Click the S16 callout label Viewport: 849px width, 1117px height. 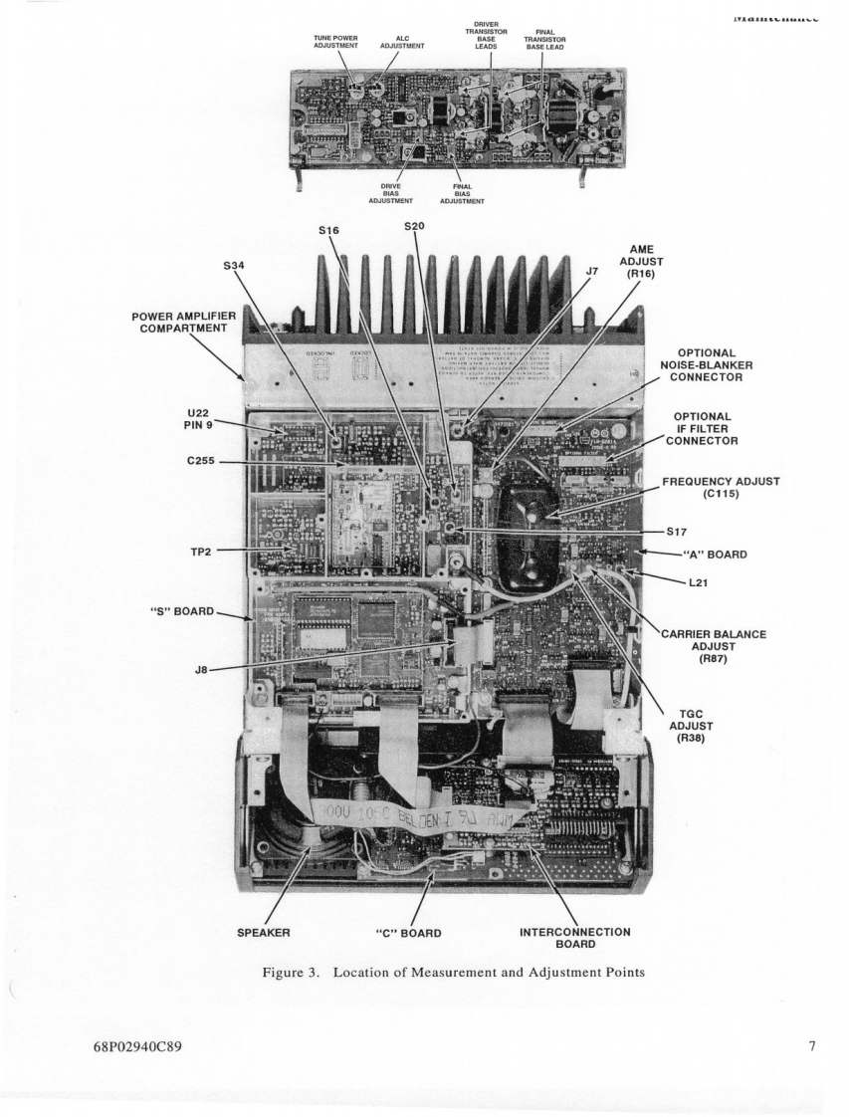[x=329, y=231]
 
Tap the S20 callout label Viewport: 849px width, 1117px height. [x=415, y=226]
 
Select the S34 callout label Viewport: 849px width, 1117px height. [x=233, y=266]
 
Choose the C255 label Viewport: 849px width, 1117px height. [x=197, y=462]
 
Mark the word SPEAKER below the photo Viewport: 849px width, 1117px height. [x=264, y=933]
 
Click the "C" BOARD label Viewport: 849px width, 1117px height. [x=407, y=933]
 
